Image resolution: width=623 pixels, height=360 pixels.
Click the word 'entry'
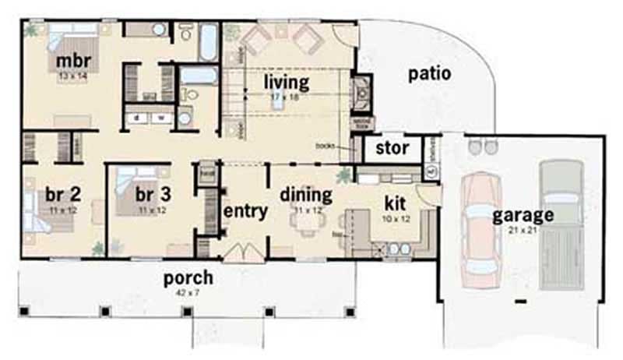(246, 210)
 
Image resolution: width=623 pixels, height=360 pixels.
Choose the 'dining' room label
(306, 194)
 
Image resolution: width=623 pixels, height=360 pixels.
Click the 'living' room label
(286, 81)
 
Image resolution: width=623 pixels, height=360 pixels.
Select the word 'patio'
(430, 74)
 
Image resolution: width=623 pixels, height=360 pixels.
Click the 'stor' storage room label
(392, 148)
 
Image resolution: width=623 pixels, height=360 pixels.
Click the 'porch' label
(188, 277)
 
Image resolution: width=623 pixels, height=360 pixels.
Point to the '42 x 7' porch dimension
(188, 291)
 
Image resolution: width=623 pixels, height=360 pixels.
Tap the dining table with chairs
(306, 223)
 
